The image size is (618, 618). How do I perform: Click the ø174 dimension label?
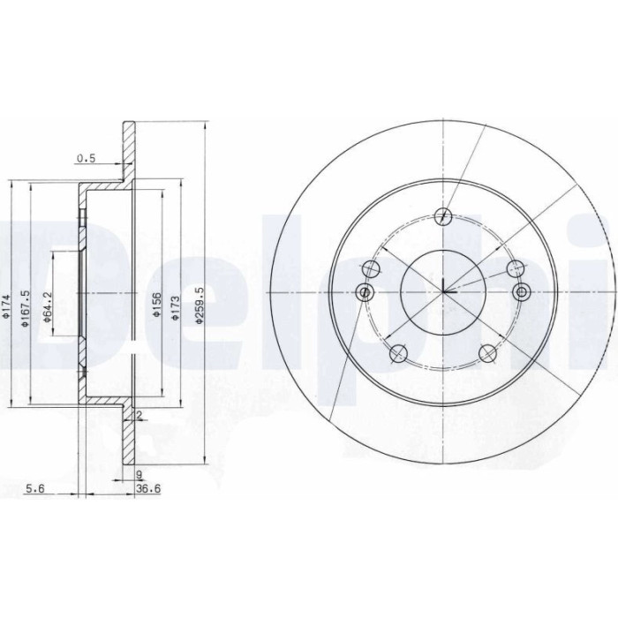coord(5,305)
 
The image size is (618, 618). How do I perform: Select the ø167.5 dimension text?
coord(26,308)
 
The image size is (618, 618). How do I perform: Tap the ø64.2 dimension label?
coord(48,307)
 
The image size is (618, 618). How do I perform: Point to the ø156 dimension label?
coord(156,305)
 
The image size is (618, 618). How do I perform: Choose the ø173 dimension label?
coord(176,307)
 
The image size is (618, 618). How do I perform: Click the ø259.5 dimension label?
coord(200,305)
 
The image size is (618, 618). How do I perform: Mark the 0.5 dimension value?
coord(86,158)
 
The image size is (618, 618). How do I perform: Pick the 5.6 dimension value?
coord(35,489)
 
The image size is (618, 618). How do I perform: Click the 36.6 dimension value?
coord(148,489)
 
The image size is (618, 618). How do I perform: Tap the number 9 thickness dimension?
coord(139,475)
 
